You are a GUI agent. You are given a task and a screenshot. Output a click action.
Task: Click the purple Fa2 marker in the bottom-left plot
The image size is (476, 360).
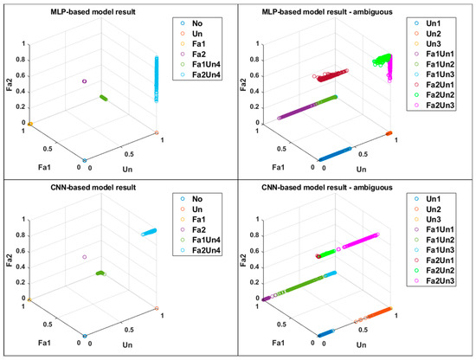(x=85, y=257)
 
